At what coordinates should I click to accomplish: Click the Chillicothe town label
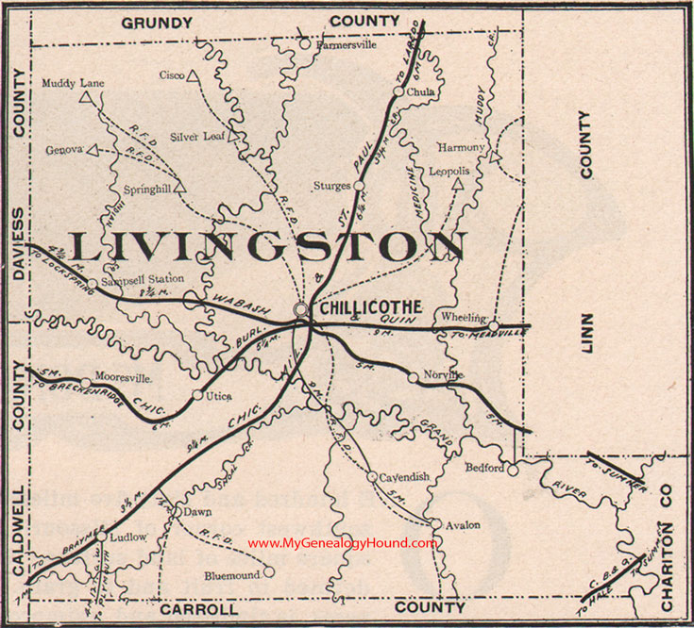coord(365,309)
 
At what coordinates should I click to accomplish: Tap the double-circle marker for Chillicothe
coord(300,308)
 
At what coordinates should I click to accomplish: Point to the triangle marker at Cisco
coord(192,75)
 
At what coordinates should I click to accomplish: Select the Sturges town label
coord(333,186)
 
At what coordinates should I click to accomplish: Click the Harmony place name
coord(462,147)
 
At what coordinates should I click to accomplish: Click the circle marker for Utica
coord(197,395)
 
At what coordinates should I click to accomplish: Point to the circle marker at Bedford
coord(512,469)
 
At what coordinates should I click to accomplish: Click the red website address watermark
coord(343,543)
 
